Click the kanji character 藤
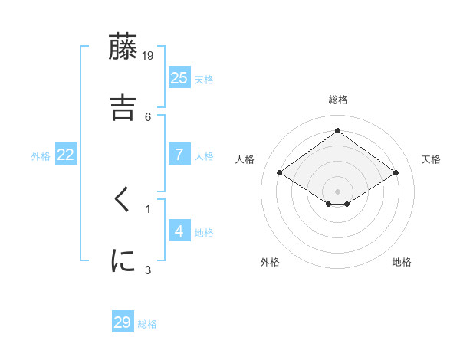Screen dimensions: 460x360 123,47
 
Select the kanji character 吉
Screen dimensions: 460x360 123,107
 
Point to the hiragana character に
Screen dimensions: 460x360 123,260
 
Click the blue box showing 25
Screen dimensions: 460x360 179,77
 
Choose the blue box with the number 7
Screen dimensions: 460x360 179,155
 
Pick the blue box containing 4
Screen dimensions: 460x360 179,231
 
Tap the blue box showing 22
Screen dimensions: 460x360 66,155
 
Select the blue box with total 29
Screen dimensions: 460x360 123,322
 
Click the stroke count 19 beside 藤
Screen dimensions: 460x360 148,55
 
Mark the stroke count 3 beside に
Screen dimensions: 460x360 148,269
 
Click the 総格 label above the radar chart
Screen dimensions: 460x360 338,100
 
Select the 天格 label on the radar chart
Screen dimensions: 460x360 431,159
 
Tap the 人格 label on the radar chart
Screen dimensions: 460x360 245,159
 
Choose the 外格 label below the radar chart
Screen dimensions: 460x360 270,262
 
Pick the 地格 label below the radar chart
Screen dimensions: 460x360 402,262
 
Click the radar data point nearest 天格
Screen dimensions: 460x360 396,173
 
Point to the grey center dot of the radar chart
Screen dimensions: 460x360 338,191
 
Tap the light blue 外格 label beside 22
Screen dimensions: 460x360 41,155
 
